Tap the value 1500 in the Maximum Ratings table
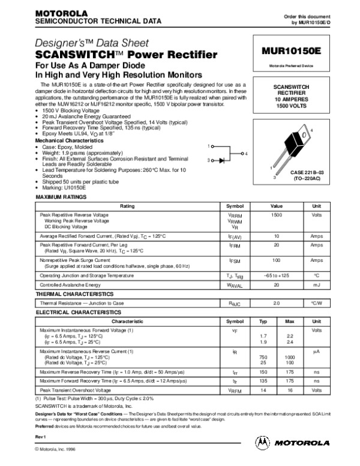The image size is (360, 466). point(277,214)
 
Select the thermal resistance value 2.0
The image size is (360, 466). point(277,304)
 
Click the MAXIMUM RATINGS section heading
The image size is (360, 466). point(61,197)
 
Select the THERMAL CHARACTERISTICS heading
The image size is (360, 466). point(75,294)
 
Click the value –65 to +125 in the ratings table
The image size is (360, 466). point(277,275)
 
